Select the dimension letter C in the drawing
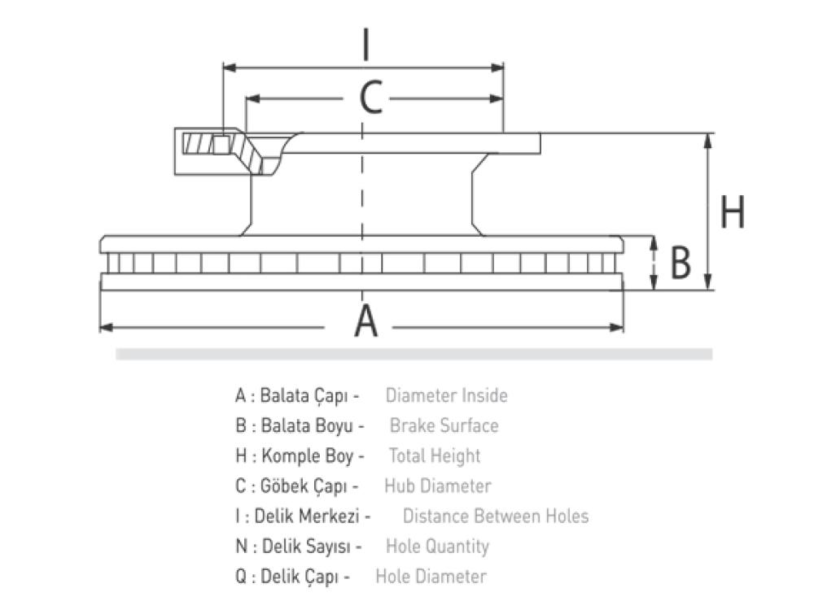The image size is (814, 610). (371, 98)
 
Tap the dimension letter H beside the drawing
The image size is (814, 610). (733, 212)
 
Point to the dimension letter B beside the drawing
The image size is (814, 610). (681, 264)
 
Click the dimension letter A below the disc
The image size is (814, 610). (366, 321)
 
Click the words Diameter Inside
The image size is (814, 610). (446, 396)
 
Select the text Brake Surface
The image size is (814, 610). (444, 425)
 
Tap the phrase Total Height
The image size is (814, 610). (435, 456)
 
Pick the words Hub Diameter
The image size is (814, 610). (438, 486)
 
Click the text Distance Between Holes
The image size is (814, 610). (495, 516)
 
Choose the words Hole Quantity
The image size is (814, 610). (437, 547)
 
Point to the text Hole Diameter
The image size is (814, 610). (431, 577)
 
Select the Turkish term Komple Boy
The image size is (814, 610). (308, 456)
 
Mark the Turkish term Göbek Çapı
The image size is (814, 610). (304, 486)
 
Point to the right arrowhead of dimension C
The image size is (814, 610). (497, 98)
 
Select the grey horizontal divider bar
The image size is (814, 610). (414, 354)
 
